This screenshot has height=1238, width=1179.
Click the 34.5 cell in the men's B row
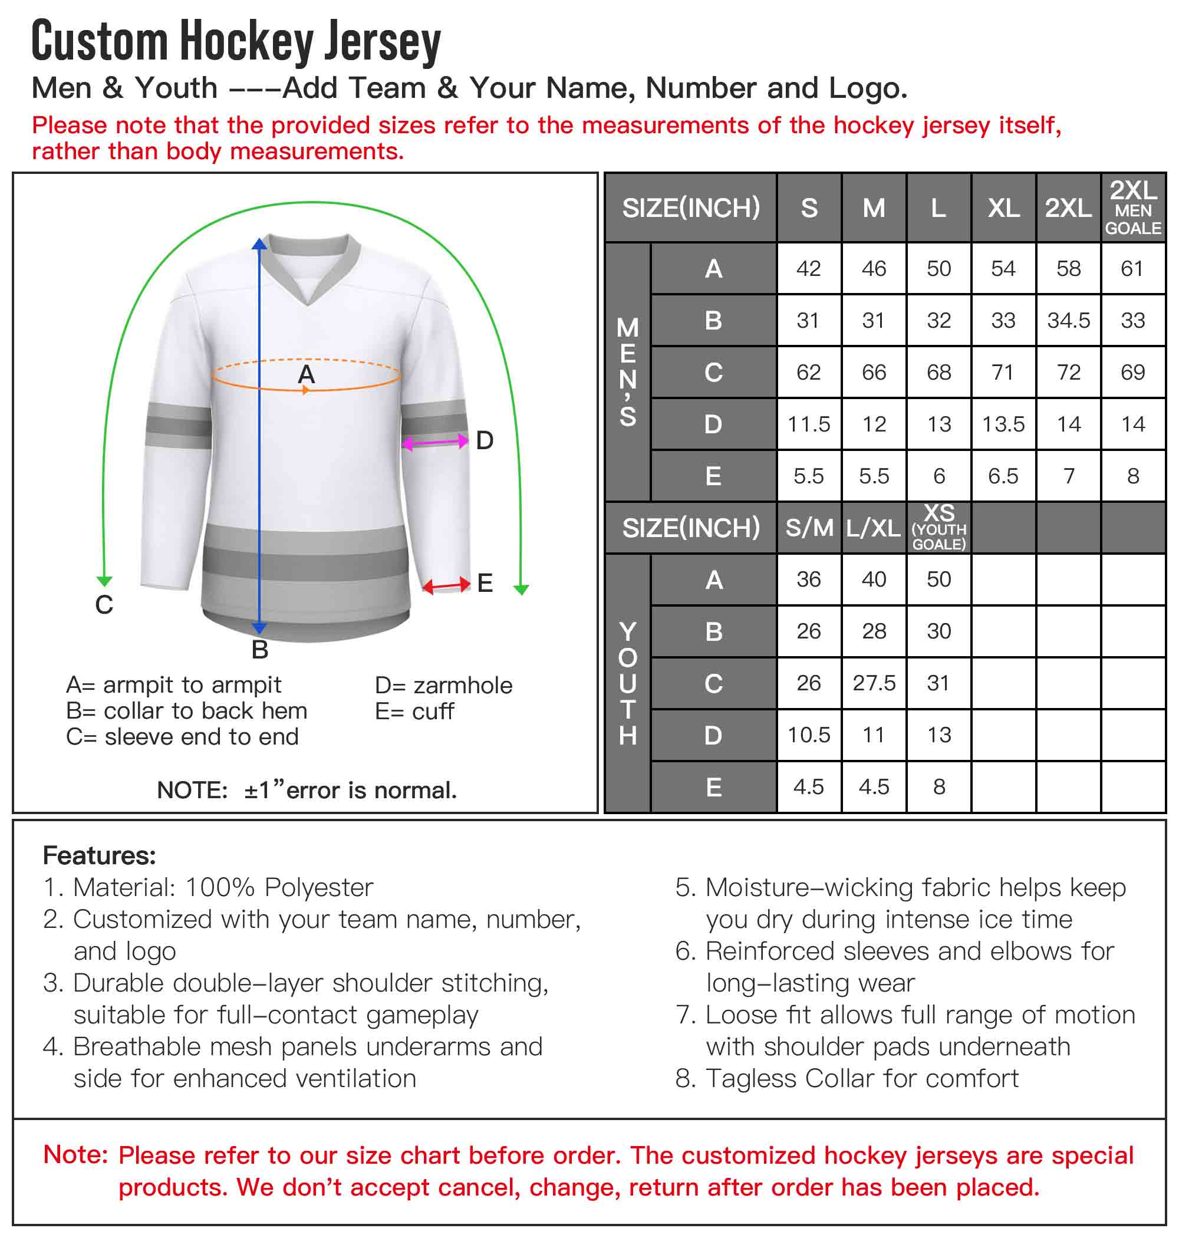(x=1068, y=321)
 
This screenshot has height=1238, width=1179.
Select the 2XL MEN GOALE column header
(x=1132, y=208)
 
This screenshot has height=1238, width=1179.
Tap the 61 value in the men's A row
(x=1132, y=269)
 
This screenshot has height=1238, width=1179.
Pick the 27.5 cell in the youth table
(x=874, y=683)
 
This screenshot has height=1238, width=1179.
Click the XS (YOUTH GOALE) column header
(x=938, y=528)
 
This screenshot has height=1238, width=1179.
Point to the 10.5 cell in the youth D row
(x=809, y=735)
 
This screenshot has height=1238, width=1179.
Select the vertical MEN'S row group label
(x=627, y=372)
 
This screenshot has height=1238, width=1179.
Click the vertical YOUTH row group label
(x=627, y=683)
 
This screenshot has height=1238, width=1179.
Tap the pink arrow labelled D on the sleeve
(x=435, y=443)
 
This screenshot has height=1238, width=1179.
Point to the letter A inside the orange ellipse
(x=306, y=374)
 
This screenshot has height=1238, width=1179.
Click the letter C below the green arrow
(x=104, y=604)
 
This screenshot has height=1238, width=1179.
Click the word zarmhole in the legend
(x=463, y=685)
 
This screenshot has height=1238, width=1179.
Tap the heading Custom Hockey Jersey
(x=236, y=41)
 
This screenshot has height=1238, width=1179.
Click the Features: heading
(x=99, y=855)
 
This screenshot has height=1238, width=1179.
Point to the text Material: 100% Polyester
(x=222, y=887)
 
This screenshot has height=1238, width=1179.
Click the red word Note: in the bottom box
(x=76, y=1154)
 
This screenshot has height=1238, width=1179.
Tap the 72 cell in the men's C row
(x=1068, y=373)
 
